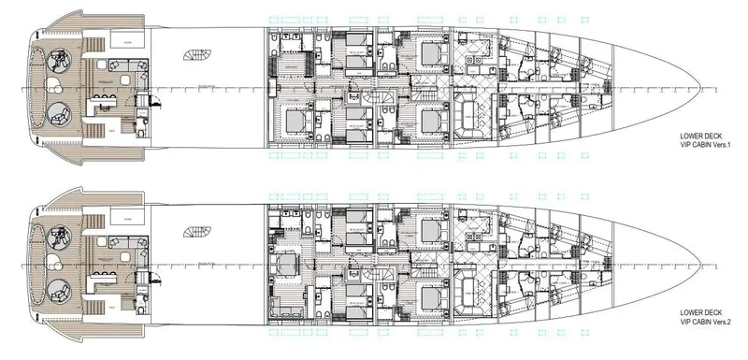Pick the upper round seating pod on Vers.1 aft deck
click(x=58, y=62)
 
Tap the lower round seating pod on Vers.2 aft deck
click(x=58, y=289)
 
